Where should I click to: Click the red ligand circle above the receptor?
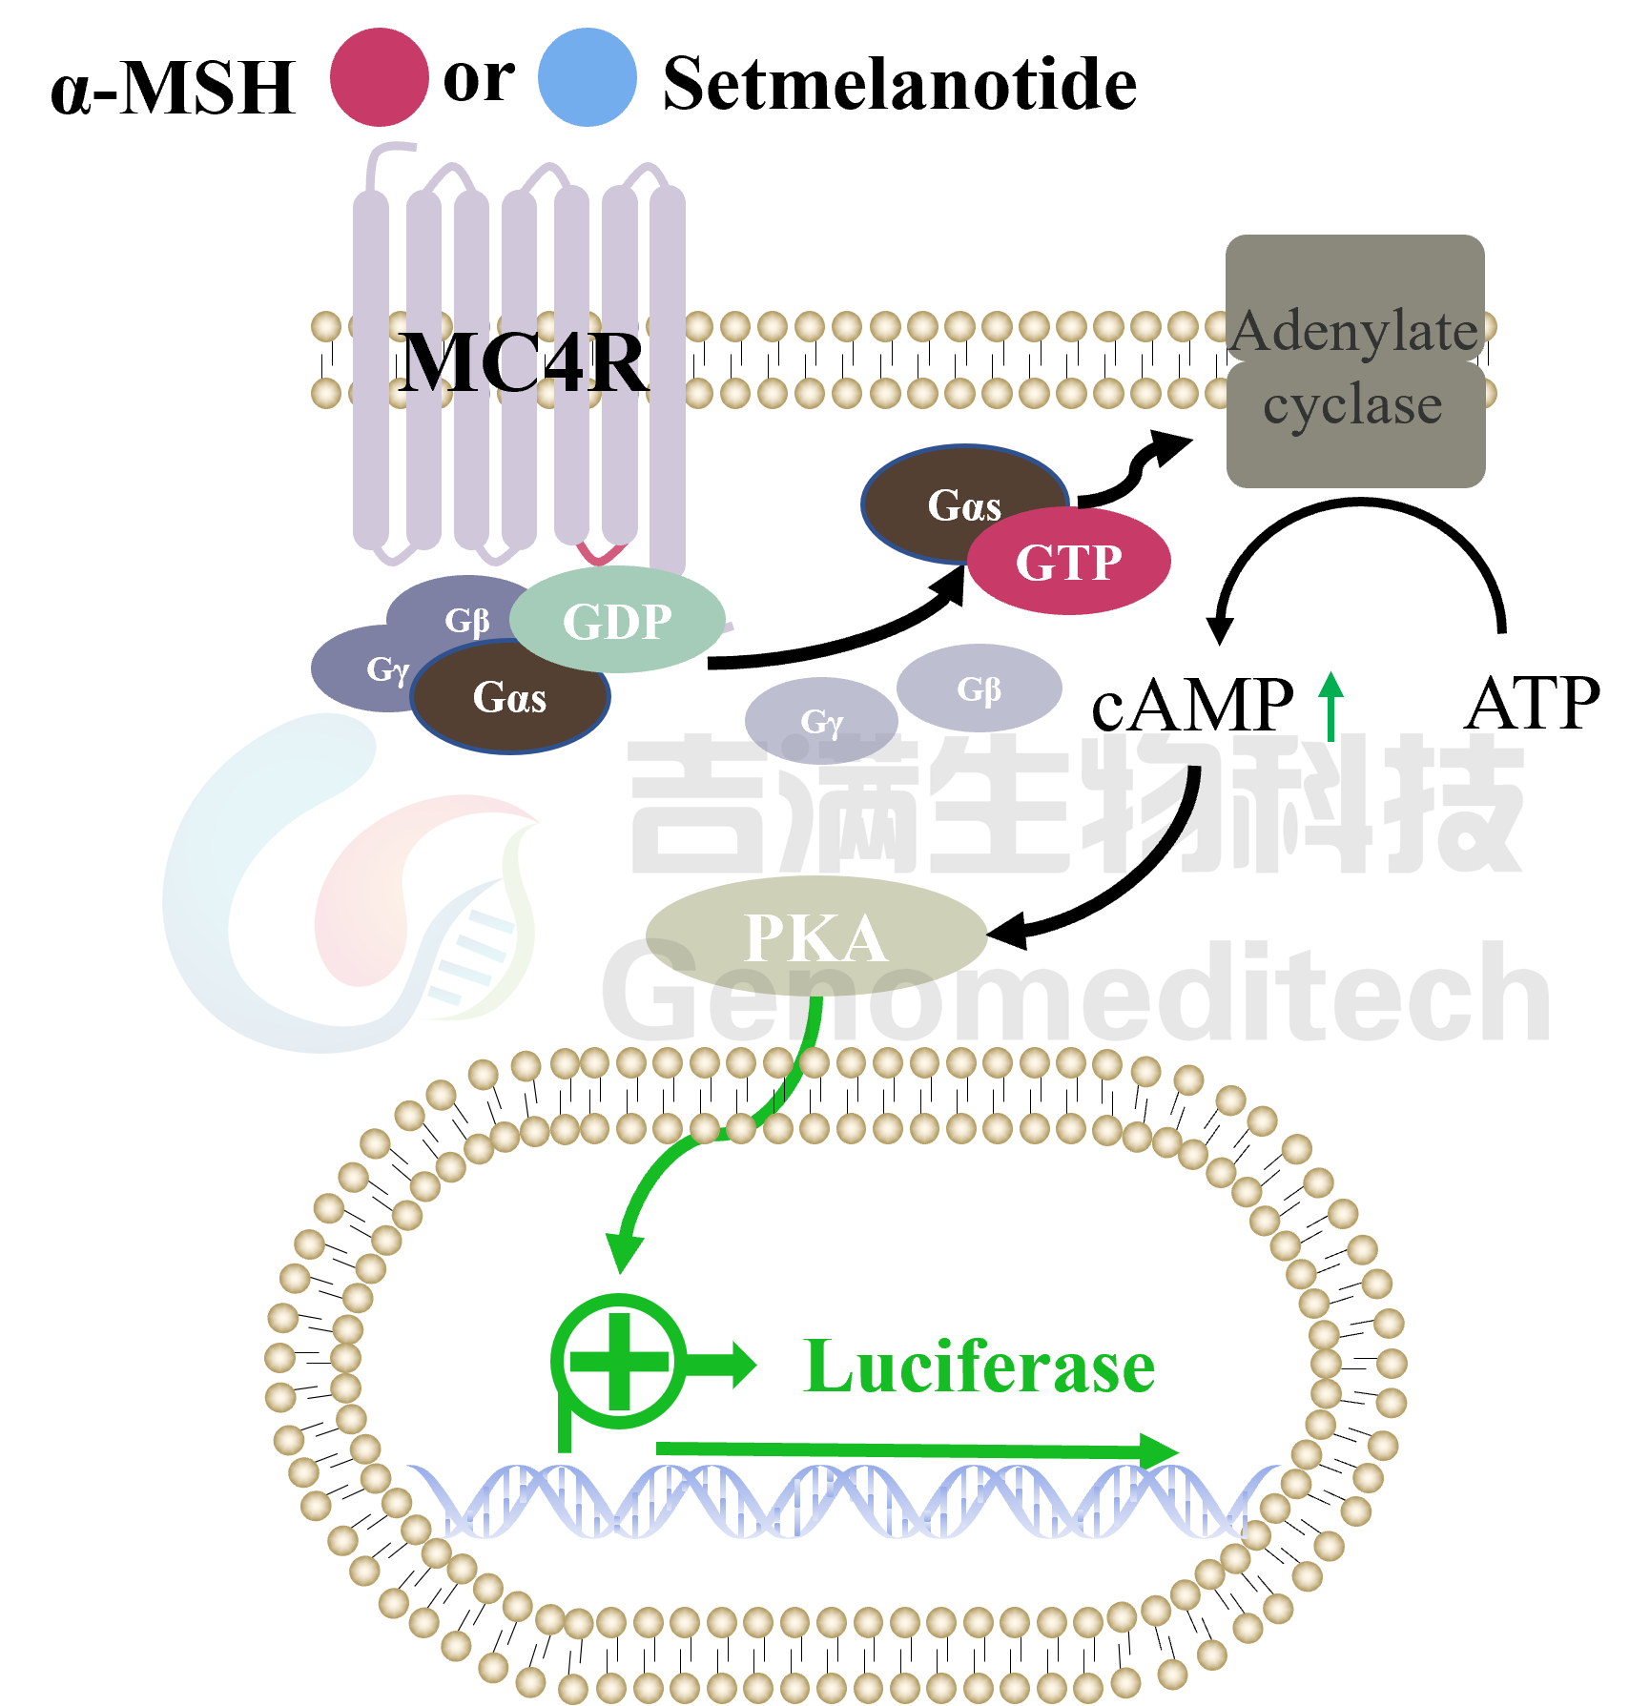380,77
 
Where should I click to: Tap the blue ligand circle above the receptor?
587,77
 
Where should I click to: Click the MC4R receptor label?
523,362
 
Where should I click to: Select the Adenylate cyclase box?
1354,361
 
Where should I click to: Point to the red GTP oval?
1068,562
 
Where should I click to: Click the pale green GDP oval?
617,621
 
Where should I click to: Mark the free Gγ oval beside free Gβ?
820,721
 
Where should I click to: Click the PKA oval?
815,936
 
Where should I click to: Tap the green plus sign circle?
618,1362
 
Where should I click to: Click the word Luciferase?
979,1367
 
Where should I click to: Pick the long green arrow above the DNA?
916,1450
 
